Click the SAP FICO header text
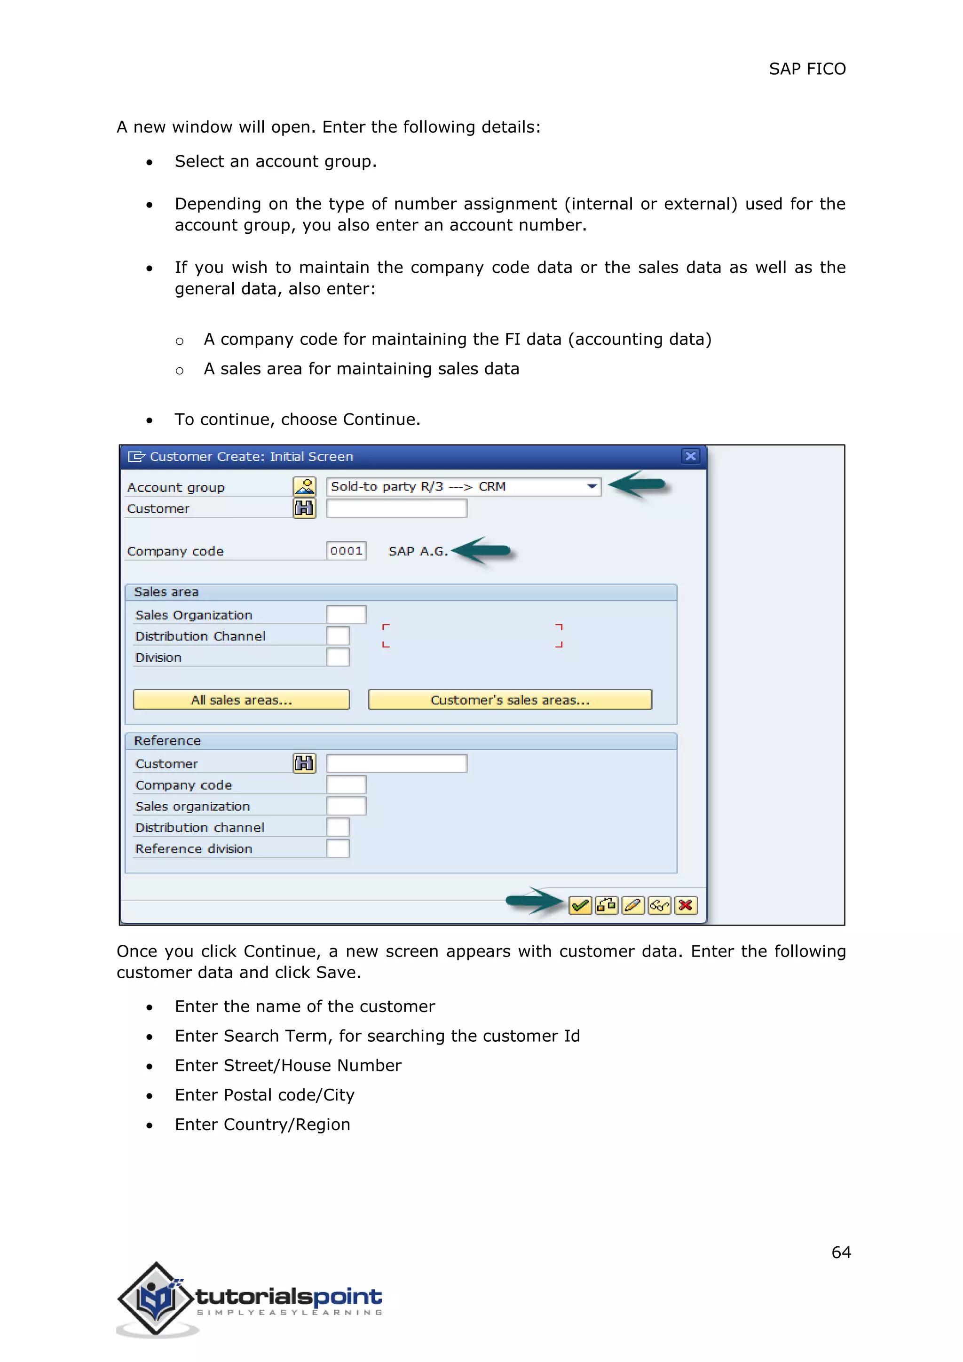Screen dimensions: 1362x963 coord(806,69)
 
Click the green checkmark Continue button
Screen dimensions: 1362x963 coord(579,905)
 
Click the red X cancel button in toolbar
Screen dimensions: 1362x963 coord(686,905)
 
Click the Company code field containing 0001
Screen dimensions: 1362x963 coord(346,551)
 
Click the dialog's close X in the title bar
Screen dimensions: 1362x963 coord(690,456)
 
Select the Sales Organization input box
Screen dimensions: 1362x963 coord(346,615)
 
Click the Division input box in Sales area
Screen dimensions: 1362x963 coord(338,657)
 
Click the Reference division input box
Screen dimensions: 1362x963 coord(338,848)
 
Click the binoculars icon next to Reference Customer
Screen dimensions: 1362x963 coord(304,763)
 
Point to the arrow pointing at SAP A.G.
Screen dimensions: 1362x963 coord(481,551)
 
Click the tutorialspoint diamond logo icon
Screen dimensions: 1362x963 coord(156,1299)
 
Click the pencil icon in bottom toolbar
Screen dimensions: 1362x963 coord(633,905)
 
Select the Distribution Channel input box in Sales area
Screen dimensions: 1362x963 coord(338,636)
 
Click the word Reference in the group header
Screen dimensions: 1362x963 coord(167,740)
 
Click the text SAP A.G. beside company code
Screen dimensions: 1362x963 coord(418,551)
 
